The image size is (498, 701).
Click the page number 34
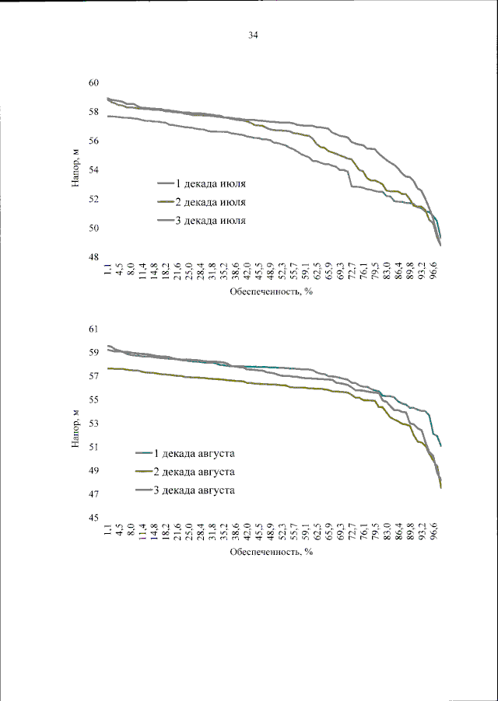point(253,35)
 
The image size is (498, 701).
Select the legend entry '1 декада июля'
point(209,183)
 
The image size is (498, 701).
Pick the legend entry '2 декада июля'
point(209,202)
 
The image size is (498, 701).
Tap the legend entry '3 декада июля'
point(209,221)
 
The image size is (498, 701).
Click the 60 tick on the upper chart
point(93,83)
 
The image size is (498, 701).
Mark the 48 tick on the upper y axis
point(93,258)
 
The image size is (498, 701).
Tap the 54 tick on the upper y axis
point(93,170)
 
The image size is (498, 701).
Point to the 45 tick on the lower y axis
point(93,518)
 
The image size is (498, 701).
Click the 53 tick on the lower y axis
point(93,424)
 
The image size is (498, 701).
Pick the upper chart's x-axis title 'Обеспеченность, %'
point(270,293)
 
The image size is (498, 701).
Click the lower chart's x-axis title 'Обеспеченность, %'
point(270,553)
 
